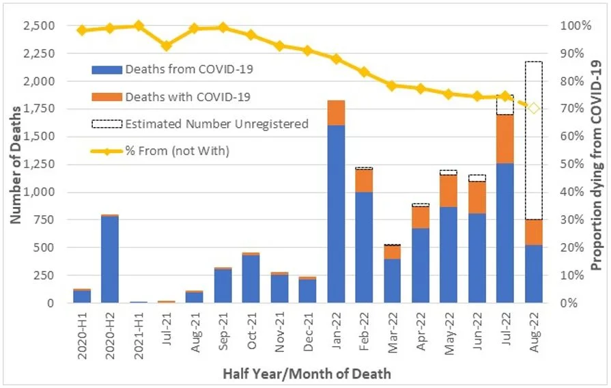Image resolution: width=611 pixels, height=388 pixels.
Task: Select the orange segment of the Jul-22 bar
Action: coord(505,139)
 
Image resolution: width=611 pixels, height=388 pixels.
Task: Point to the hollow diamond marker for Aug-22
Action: coord(534,108)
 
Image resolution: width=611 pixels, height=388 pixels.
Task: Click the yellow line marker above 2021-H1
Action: coord(139,26)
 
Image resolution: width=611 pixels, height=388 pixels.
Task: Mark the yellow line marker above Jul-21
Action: coord(167,46)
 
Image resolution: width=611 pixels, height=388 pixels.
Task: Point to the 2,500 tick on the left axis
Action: coord(52,26)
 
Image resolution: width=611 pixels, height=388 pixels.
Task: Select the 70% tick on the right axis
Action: coord(572,109)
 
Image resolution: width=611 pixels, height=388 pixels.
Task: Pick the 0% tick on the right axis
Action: coord(569,303)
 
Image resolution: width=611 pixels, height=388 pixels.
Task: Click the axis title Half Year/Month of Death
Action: coord(306,374)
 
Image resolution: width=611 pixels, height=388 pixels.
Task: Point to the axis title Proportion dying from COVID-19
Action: coord(596,164)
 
